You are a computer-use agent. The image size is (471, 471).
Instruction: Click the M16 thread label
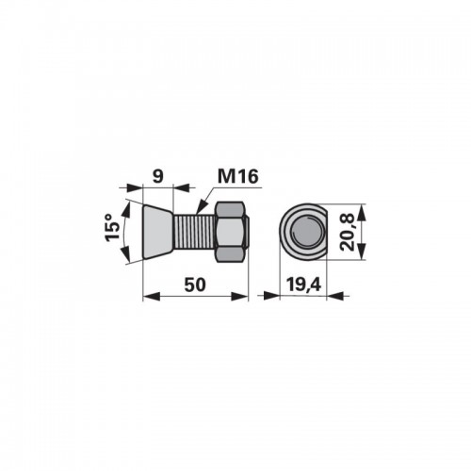click(238, 176)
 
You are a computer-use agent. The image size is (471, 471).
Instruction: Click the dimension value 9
click(158, 176)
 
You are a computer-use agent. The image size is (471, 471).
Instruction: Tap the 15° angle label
click(112, 228)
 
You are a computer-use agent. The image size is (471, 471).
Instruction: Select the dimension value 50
click(195, 284)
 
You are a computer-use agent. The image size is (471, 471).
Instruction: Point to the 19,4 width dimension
click(303, 285)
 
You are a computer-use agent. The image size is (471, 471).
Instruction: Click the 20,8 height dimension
click(348, 232)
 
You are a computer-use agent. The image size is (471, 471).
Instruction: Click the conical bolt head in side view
click(157, 232)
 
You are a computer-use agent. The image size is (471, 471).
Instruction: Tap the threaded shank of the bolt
click(195, 232)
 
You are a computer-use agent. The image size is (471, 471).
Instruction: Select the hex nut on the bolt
click(233, 232)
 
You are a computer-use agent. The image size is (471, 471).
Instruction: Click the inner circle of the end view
click(308, 232)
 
